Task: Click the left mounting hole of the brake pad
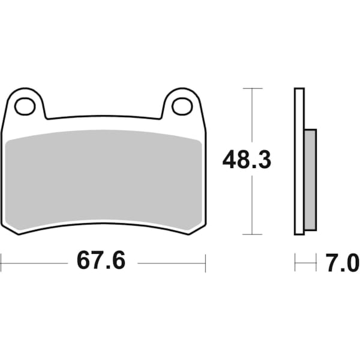coord(25,107)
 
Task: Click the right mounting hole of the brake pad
coord(182,107)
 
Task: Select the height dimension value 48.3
coord(247,160)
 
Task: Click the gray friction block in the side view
coord(310,180)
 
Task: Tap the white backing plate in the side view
coord(299,162)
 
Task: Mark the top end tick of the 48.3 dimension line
coord(253,88)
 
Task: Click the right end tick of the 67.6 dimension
coord(205,262)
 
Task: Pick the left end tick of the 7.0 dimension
coord(295,262)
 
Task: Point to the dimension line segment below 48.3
coord(253,204)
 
